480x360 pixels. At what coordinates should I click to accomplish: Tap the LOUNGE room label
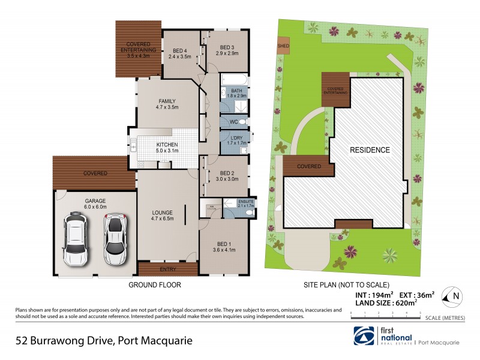pos(162,212)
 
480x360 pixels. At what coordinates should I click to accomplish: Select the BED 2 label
pos(224,172)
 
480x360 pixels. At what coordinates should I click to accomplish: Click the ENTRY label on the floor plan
pos(169,269)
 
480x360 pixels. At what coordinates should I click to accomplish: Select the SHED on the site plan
pos(283,46)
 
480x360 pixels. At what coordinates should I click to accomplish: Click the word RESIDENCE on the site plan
pos(370,150)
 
